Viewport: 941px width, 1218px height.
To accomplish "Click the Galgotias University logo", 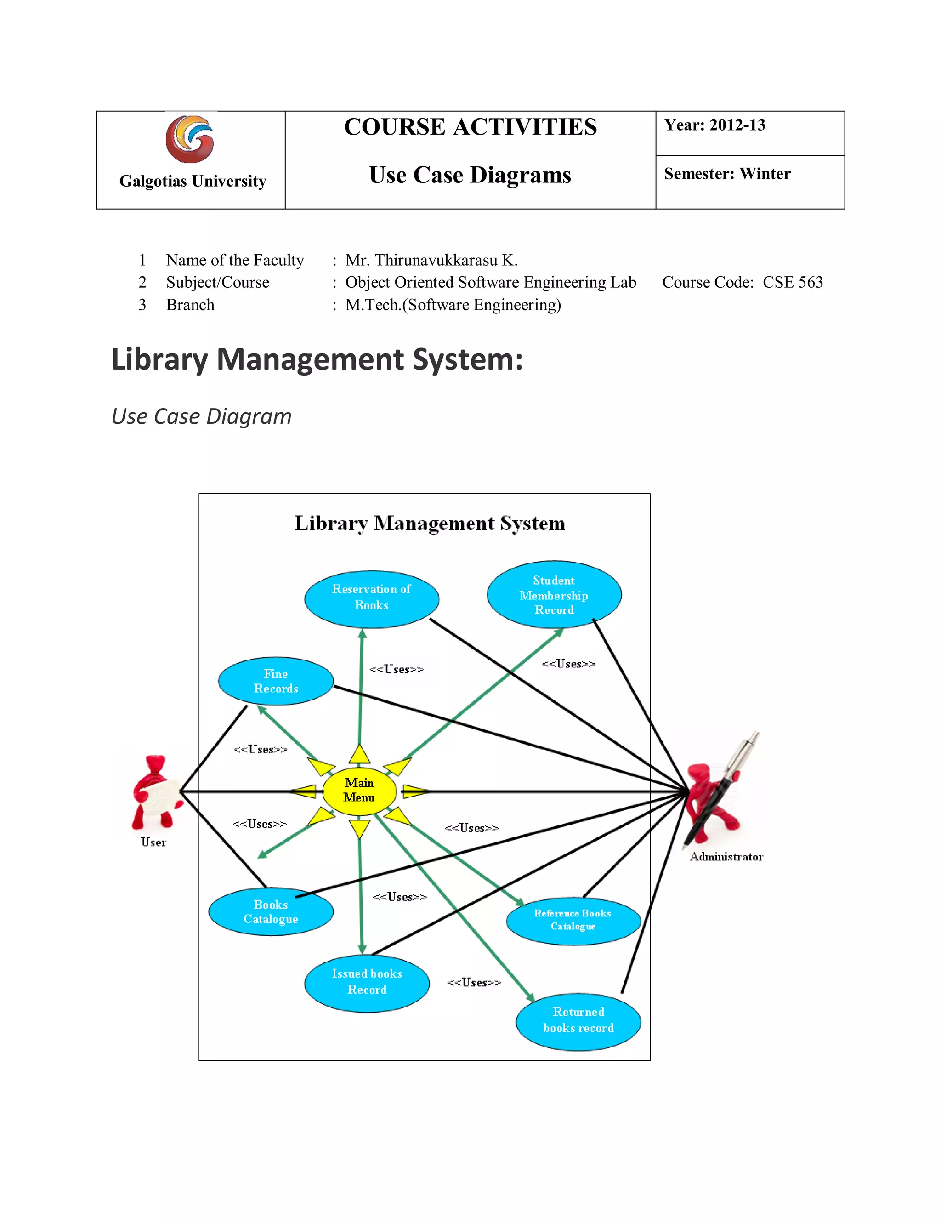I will click(190, 139).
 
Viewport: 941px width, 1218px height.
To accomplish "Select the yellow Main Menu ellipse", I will click(359, 790).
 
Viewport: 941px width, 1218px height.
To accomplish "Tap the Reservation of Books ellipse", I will click(371, 598).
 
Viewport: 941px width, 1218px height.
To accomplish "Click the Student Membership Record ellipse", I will click(554, 594).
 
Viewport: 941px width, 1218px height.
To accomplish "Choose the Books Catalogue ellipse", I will click(271, 911).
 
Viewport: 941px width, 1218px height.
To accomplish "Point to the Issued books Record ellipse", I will click(367, 983).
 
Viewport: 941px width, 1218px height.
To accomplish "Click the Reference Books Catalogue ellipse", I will click(573, 921).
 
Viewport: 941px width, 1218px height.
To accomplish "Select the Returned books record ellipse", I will click(578, 1021).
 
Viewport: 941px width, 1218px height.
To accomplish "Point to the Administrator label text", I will click(726, 857).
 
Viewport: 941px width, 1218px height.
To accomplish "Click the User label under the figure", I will click(153, 842).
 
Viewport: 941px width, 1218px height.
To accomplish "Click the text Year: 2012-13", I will click(714, 125).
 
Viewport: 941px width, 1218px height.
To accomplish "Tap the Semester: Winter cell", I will click(727, 174).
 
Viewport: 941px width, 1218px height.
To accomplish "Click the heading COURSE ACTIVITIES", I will click(470, 127).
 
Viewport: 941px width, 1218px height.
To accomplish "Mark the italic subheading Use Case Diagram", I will click(201, 416).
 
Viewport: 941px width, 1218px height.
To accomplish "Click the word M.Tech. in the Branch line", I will click(373, 305).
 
